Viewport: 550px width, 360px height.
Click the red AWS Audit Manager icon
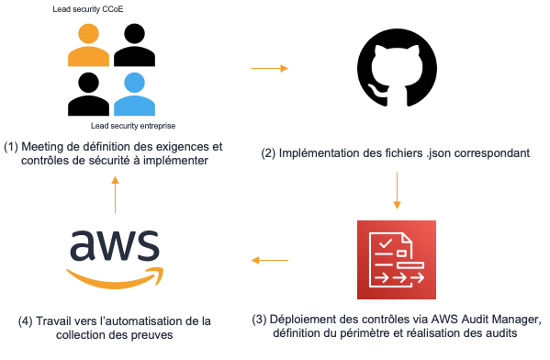395,259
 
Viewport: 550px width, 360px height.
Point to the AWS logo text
113,245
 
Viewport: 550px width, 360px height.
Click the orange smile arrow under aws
115,274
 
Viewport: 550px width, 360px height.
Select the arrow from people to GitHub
269,68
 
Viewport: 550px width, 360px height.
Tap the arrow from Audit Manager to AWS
268,260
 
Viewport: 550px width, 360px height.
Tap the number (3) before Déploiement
262,319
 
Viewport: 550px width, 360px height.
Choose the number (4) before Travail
27,321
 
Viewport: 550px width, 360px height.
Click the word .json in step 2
443,152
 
